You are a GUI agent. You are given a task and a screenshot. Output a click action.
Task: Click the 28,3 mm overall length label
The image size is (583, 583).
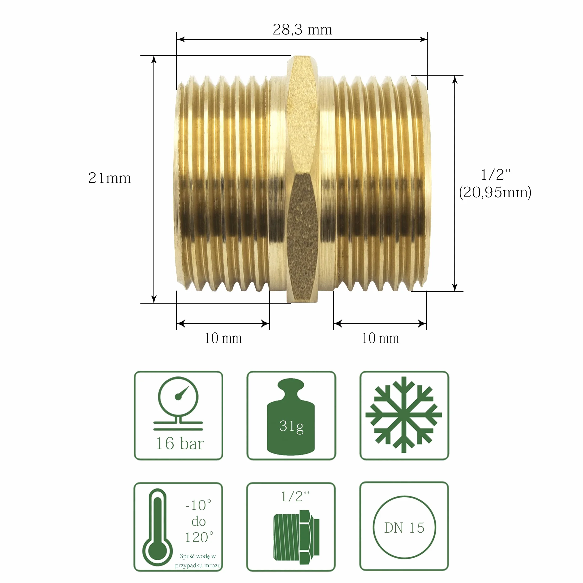(302, 30)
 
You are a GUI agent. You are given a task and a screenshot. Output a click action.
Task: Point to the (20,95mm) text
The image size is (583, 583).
(495, 192)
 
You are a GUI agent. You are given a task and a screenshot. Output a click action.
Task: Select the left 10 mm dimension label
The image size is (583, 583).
(223, 338)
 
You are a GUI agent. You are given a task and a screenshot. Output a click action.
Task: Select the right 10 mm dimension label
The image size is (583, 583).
(380, 338)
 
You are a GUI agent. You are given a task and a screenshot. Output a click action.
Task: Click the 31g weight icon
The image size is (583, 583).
(291, 417)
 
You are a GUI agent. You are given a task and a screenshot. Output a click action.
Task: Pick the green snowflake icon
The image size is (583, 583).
(404, 415)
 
